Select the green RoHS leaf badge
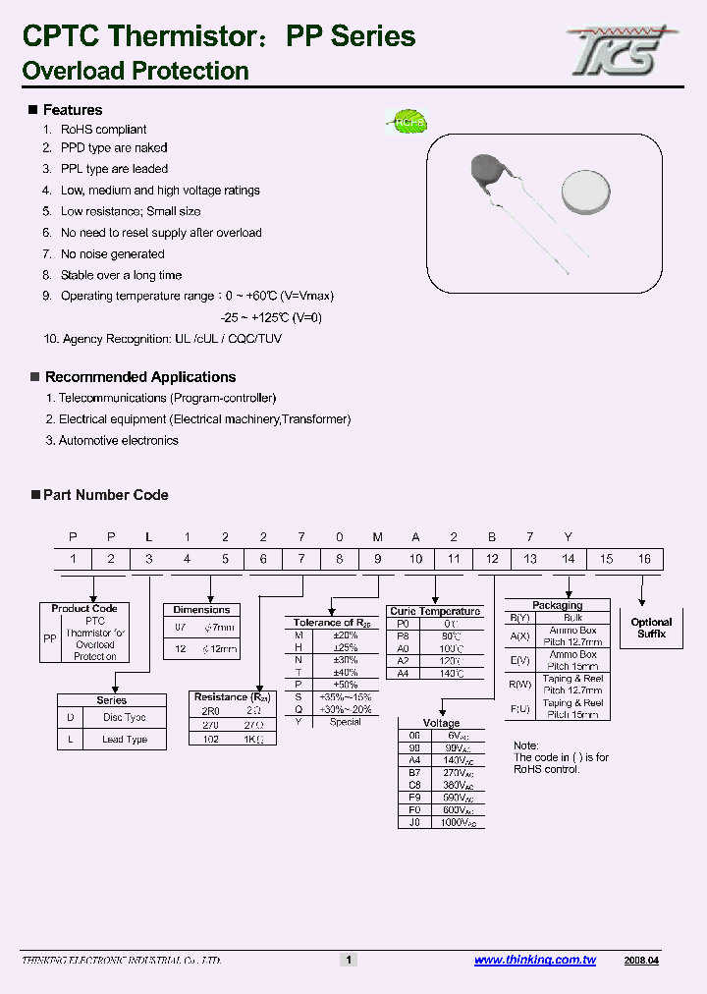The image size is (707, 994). click(x=404, y=122)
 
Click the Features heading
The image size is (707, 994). click(x=73, y=110)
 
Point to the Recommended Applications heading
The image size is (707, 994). click(x=140, y=377)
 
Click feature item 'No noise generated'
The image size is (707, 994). click(x=112, y=254)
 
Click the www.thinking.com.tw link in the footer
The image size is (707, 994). click(x=535, y=961)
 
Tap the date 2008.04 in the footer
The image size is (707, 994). click(x=641, y=961)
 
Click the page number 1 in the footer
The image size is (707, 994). click(x=348, y=961)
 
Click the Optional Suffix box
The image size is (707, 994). click(x=651, y=629)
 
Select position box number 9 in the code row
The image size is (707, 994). click(x=377, y=559)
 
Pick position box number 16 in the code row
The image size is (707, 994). click(x=644, y=559)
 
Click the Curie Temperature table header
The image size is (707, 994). click(x=435, y=611)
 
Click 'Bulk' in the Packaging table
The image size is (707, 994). click(x=572, y=618)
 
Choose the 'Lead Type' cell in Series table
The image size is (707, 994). click(x=125, y=740)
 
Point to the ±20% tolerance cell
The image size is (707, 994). click(x=346, y=635)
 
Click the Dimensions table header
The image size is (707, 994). click(x=201, y=610)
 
